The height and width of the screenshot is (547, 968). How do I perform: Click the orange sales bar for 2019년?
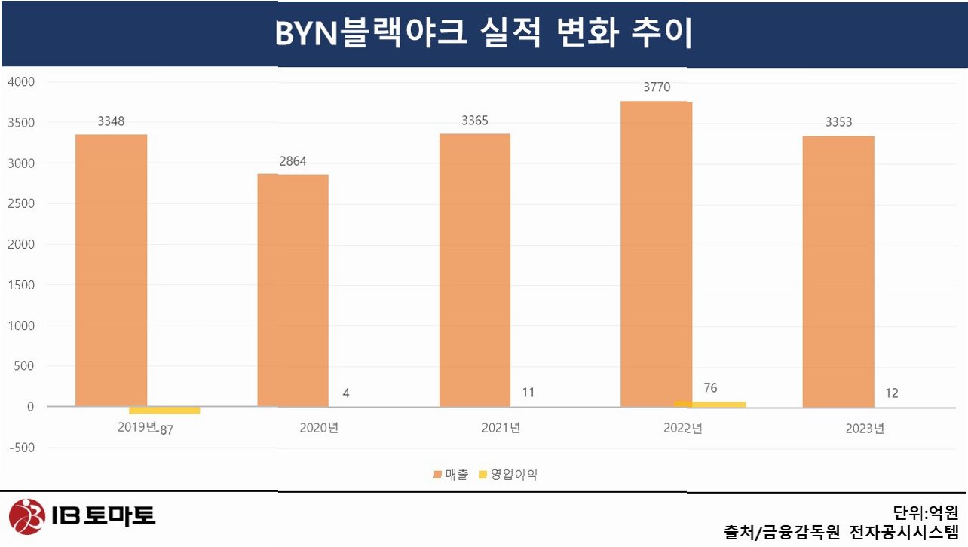tap(111, 270)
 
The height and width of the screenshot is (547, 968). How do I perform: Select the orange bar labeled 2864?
tap(293, 291)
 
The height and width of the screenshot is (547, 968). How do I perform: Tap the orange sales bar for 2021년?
tap(475, 270)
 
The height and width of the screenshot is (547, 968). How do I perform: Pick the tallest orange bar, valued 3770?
tap(657, 255)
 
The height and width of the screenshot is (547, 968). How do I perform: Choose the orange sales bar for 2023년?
tap(838, 271)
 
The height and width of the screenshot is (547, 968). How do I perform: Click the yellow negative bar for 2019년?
tap(164, 410)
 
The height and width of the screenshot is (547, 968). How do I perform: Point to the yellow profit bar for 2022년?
tap(710, 404)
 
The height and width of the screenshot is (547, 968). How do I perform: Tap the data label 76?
tap(710, 388)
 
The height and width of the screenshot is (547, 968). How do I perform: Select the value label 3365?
tap(475, 121)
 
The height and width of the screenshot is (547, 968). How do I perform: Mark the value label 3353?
tap(839, 122)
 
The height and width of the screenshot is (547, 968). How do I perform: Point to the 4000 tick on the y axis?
tap(21, 82)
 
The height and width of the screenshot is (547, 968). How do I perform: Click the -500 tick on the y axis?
tap(22, 448)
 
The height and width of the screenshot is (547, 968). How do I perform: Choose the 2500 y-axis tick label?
tap(21, 203)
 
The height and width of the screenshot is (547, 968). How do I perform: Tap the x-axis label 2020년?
tap(319, 428)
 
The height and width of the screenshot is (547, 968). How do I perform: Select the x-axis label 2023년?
tap(865, 429)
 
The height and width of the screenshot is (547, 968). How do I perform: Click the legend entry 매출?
tap(451, 475)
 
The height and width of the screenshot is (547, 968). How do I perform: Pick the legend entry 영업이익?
tap(508, 475)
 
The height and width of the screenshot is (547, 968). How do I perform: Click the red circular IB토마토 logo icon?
tap(27, 516)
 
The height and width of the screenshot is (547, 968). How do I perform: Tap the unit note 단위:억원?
tap(926, 513)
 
